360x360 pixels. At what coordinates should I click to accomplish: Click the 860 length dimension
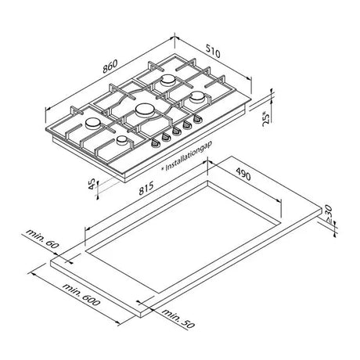click(x=110, y=67)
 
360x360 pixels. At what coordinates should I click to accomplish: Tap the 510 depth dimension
click(x=213, y=51)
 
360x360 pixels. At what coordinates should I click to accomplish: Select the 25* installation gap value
click(x=265, y=119)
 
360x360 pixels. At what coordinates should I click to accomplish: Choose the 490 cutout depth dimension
click(x=243, y=174)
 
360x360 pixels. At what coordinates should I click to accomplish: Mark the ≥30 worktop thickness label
click(x=328, y=214)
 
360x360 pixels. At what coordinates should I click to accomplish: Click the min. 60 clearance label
click(x=42, y=239)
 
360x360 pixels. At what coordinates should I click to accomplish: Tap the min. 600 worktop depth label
click(x=81, y=294)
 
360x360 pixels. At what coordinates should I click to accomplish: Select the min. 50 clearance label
click(x=178, y=318)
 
